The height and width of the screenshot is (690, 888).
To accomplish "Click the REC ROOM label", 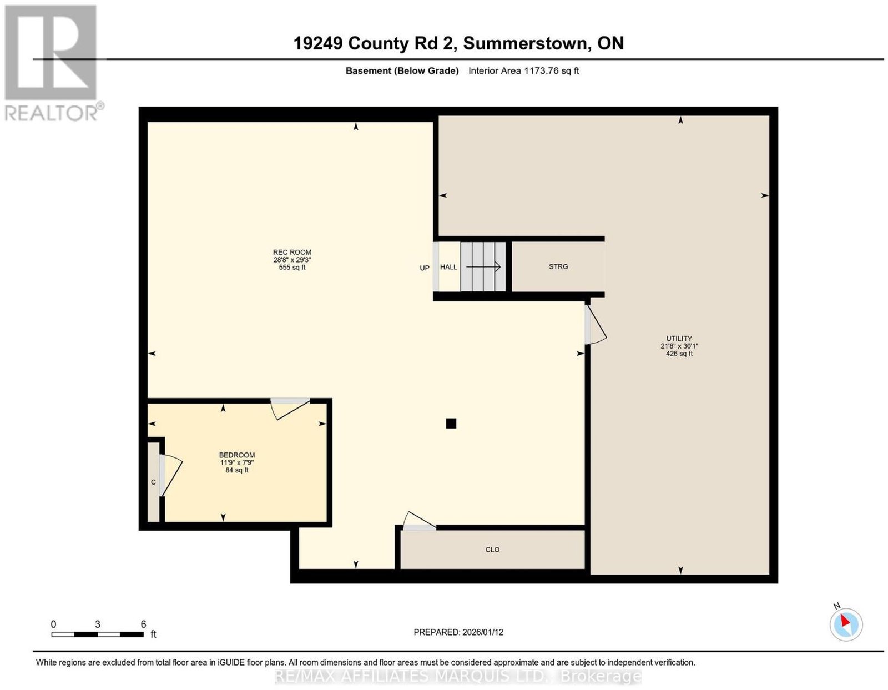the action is tap(292, 252).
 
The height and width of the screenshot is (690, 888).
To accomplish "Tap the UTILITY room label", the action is tap(679, 338).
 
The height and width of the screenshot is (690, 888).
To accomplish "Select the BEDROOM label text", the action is tap(236, 455).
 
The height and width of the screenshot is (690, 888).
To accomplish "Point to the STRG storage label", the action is tap(558, 266).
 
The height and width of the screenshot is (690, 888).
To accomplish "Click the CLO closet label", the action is tap(492, 550).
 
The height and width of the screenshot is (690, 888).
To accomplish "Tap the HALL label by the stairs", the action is tap(448, 267).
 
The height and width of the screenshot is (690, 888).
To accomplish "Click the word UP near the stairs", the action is tap(425, 268).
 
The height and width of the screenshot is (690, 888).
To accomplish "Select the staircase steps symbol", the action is tap(483, 267).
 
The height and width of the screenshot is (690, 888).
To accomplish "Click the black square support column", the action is tap(451, 423).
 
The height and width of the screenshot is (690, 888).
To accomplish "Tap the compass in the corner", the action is tap(846, 624).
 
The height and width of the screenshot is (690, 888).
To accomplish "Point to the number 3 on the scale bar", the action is tap(97, 624).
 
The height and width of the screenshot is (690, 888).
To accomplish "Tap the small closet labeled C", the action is tap(153, 482).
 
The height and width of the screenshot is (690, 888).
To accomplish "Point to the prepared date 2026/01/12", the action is tap(483, 632).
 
